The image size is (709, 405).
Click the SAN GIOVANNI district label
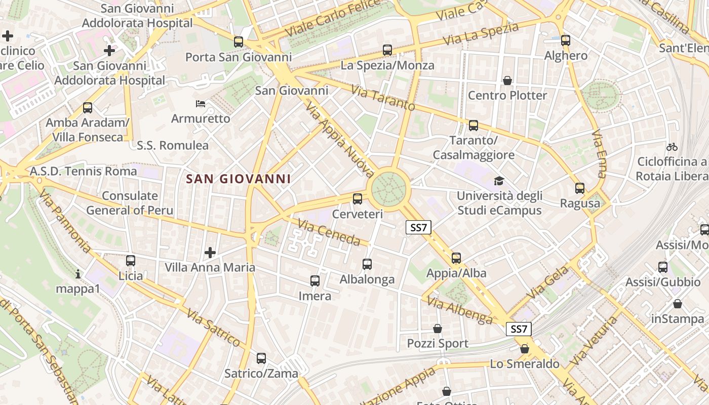click(238, 179)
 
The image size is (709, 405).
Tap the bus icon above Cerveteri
click(358, 198)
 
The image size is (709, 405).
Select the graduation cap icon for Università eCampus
click(499, 181)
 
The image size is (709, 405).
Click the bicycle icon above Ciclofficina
click(672, 147)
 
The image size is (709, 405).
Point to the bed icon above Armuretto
click(201, 104)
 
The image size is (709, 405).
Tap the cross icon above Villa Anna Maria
click(210, 252)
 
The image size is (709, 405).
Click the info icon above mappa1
click(78, 274)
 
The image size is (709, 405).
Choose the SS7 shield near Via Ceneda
click(419, 228)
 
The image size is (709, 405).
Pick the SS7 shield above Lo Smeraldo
click(519, 329)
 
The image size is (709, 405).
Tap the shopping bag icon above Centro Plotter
click(507, 80)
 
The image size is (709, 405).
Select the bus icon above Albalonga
click(367, 264)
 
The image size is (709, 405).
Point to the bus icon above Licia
click(131, 261)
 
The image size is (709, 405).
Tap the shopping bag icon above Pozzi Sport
click(438, 329)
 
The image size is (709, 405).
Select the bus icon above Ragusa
click(580, 188)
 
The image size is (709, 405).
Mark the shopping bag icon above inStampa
click(678, 304)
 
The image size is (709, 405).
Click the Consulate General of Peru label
click(130, 203)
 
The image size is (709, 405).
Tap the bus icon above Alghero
click(566, 40)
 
